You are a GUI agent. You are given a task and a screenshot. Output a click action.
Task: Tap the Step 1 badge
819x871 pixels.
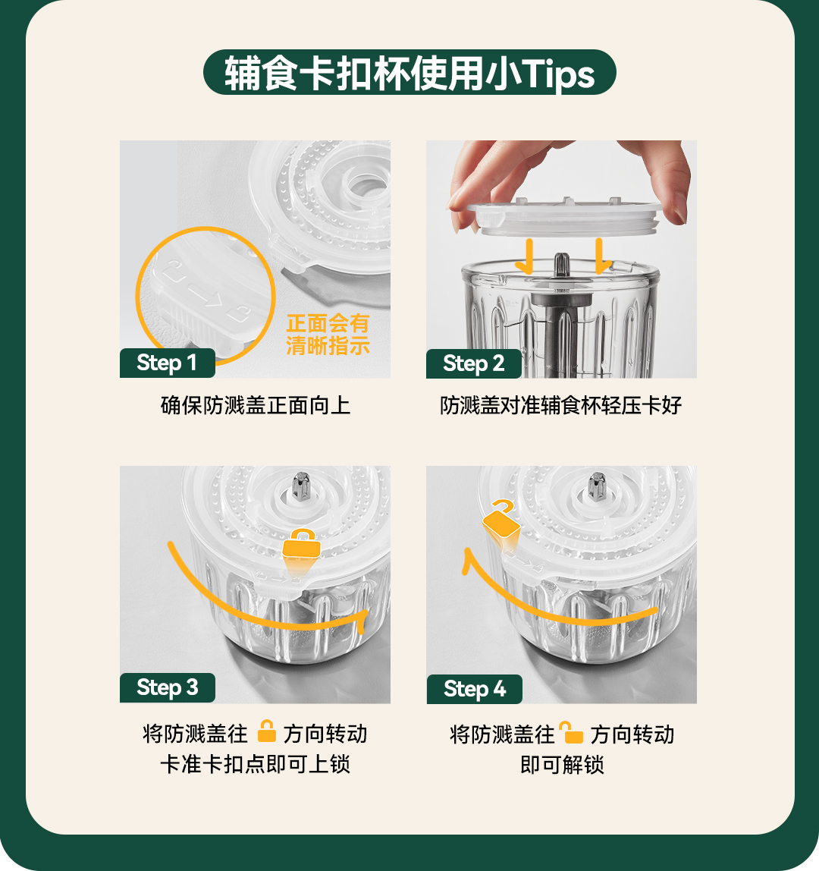pos(167,363)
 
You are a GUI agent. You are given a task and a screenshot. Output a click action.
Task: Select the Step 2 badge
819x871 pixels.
pos(474,363)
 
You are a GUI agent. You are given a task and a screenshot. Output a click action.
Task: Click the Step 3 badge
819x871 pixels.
pos(167,687)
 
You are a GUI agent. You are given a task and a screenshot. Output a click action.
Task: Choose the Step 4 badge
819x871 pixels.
pos(474,689)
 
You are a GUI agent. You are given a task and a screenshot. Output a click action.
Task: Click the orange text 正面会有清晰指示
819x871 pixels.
pos(328,335)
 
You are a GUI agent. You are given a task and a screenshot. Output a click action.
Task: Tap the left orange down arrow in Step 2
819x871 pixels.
pos(526,256)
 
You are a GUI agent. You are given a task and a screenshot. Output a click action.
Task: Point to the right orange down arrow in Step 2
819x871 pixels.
pos(601,256)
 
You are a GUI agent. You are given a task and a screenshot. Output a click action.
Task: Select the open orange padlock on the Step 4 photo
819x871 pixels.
pos(500,520)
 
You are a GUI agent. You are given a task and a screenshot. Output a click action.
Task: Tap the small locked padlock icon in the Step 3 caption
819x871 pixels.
pos(266,731)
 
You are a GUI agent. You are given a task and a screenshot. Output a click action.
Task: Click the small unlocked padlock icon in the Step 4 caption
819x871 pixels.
pos(571,732)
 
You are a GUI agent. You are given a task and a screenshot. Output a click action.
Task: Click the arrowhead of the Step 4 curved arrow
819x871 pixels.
pos(468,559)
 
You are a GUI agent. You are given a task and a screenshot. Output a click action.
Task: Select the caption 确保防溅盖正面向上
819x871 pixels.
pos(256,405)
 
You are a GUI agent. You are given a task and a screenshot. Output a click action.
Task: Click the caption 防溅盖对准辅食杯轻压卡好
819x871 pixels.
pos(561,405)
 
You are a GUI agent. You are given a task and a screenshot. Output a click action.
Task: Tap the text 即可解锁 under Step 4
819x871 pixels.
pos(562,765)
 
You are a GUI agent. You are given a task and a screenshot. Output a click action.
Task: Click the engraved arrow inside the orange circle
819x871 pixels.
pos(205,297)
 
